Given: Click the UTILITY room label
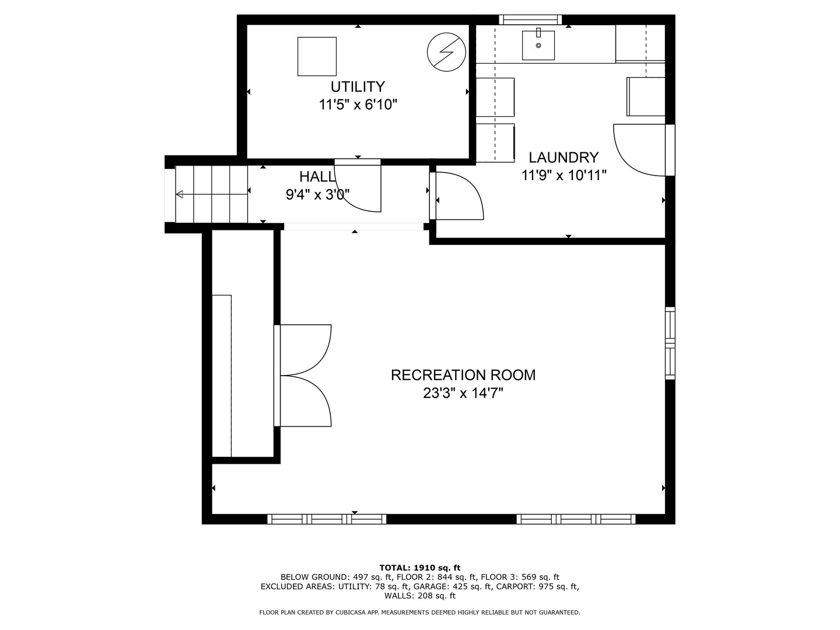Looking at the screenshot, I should click(x=358, y=87).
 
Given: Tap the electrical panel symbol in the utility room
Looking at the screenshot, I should click(x=446, y=52).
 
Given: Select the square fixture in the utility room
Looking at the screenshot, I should click(x=317, y=57).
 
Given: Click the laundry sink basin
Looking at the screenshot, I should click(x=538, y=45).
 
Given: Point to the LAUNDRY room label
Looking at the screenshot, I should click(x=563, y=157).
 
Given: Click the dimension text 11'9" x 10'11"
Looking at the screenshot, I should click(x=563, y=175).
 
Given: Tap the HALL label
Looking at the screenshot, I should click(x=317, y=177).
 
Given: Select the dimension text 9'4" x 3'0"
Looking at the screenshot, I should click(x=317, y=195).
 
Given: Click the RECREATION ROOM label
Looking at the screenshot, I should click(x=463, y=375).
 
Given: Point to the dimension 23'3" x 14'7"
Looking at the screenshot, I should click(x=463, y=394).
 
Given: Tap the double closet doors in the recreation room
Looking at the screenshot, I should click(x=304, y=376).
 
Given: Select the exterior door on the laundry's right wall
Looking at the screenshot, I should click(x=642, y=149).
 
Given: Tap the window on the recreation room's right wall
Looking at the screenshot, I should click(x=670, y=344).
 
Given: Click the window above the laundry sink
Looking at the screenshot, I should click(x=530, y=20).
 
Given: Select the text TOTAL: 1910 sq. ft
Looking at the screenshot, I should click(x=419, y=568).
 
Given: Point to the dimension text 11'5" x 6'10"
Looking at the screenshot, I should click(x=358, y=105).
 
